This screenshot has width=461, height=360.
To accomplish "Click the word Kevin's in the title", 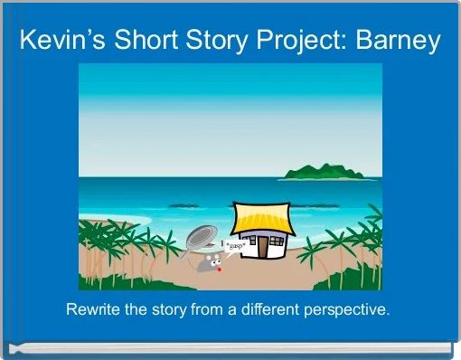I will [58, 41].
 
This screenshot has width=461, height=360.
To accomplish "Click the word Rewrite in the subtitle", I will [93, 310].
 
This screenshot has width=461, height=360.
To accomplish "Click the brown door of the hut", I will [261, 246].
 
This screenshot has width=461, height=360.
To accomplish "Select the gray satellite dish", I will [200, 240].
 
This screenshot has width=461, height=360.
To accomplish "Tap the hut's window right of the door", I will [275, 242].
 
